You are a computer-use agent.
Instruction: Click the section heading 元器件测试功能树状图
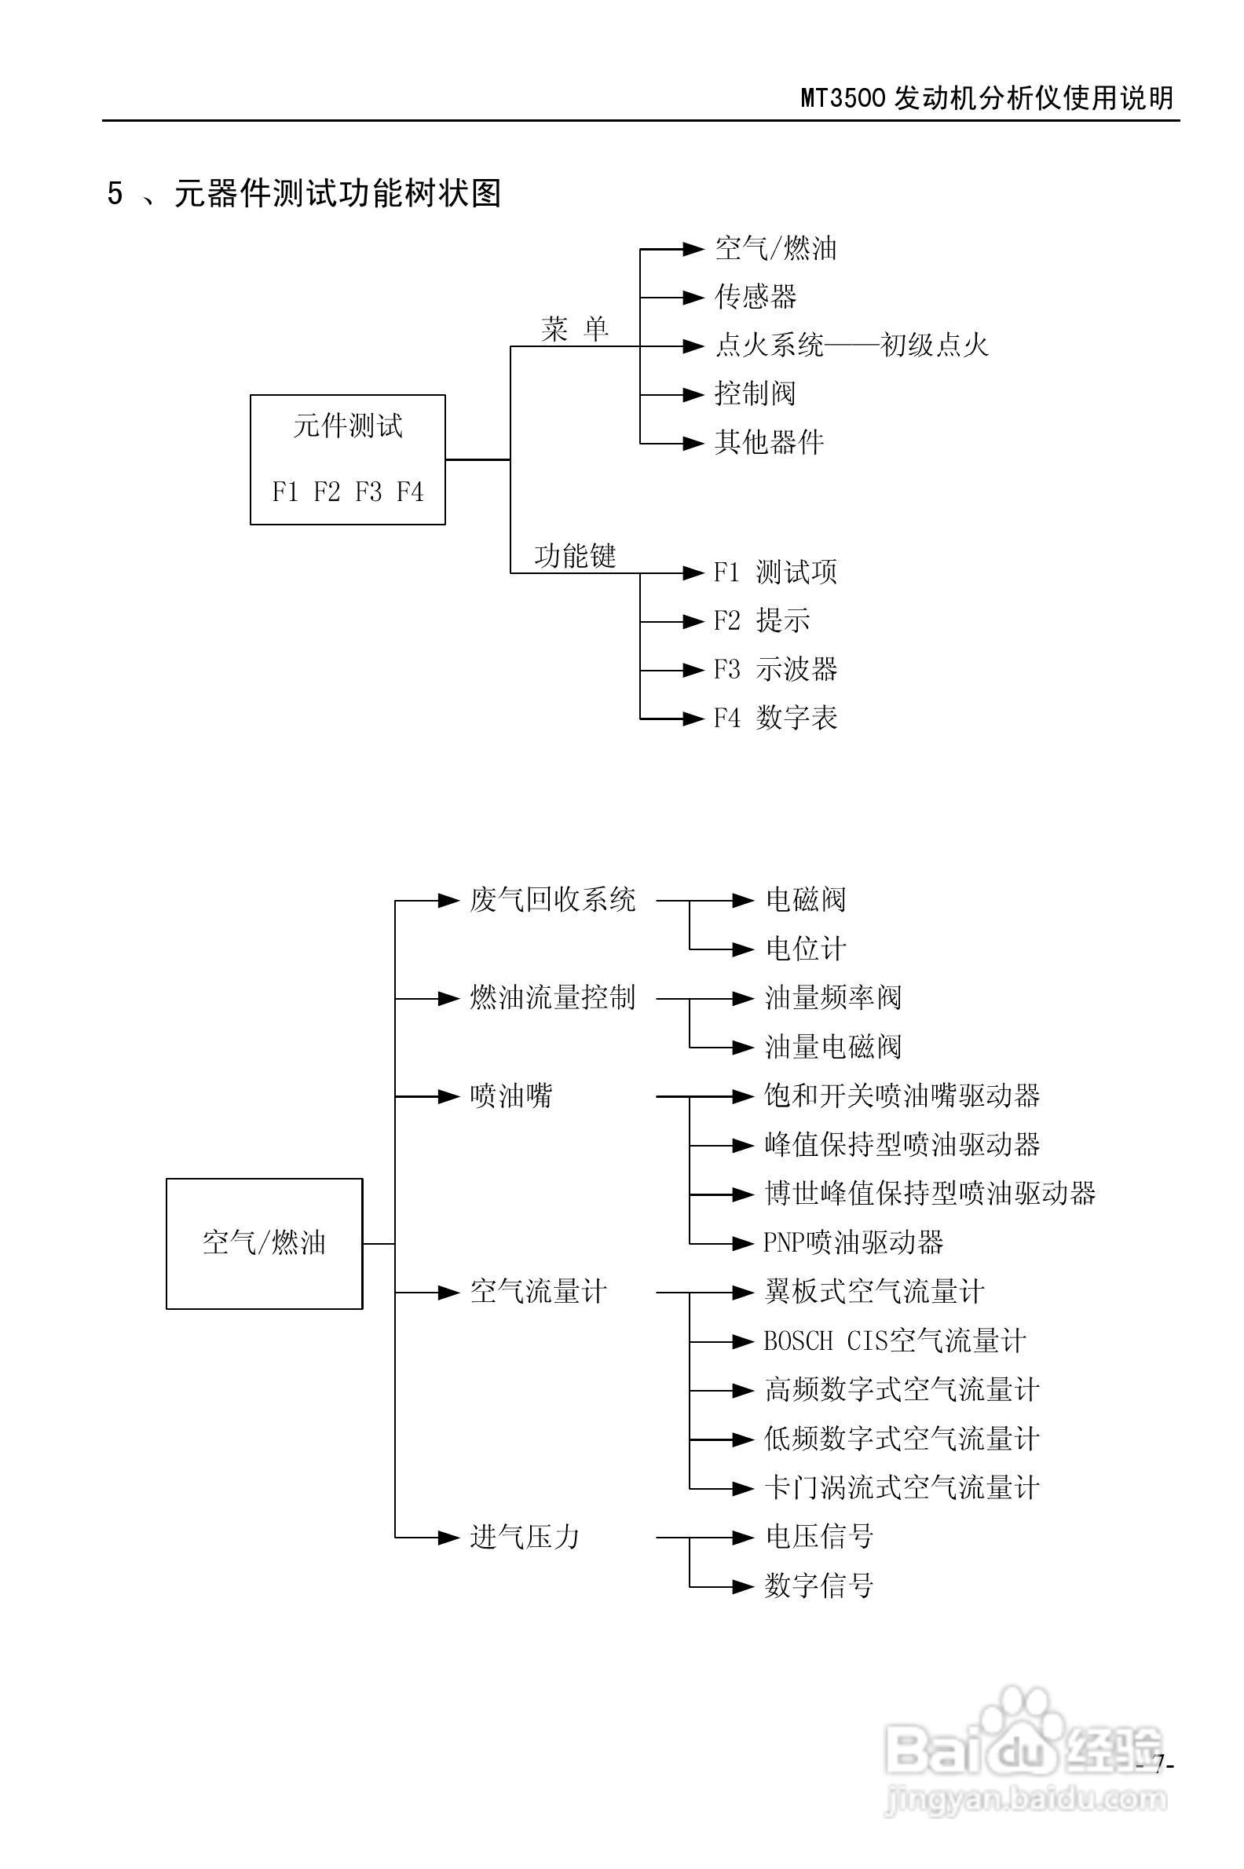(337, 192)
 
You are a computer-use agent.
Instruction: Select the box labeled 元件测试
(347, 459)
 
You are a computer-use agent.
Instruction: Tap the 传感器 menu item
(756, 298)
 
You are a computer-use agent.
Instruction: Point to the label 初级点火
(935, 345)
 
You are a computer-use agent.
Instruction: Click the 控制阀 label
(756, 393)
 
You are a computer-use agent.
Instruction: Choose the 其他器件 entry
(769, 442)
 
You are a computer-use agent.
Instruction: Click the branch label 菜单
(574, 328)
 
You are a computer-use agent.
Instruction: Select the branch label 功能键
(574, 555)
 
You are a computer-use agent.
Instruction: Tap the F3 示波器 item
(775, 670)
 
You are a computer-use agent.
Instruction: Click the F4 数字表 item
(775, 718)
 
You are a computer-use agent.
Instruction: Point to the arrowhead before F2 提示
(693, 622)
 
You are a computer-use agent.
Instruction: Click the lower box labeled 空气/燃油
(264, 1243)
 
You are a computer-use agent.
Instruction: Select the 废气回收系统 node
(552, 901)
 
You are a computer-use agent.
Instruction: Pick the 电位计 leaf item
(805, 949)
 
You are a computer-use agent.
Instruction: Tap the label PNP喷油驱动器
(853, 1242)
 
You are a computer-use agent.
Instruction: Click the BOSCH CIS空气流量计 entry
(894, 1340)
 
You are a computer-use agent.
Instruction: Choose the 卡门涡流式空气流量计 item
(902, 1487)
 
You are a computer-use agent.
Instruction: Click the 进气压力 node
(525, 1537)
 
